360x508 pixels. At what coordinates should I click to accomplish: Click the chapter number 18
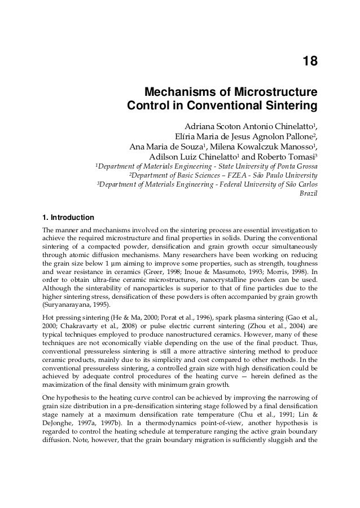(309, 61)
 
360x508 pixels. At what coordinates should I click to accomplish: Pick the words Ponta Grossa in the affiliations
(296, 168)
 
